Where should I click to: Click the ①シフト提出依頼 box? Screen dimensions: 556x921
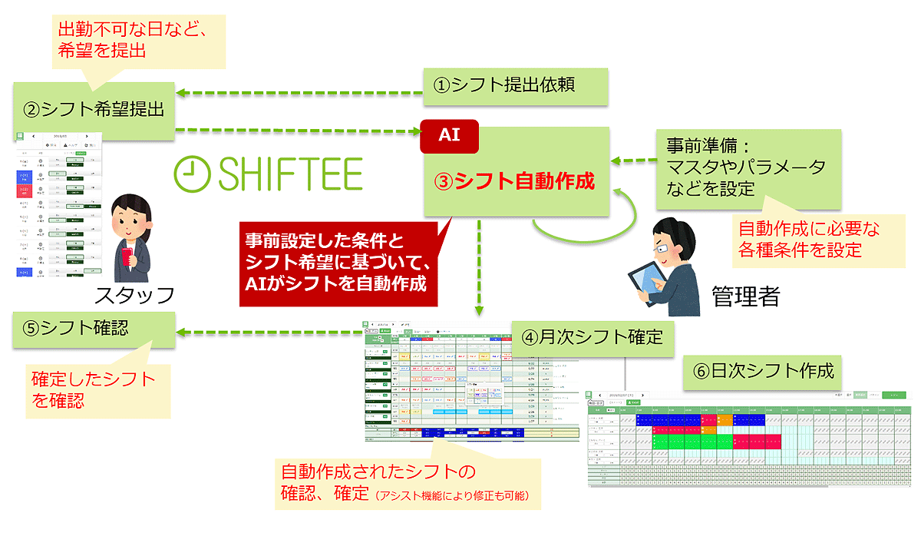coord(515,86)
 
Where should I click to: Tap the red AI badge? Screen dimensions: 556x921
coord(449,136)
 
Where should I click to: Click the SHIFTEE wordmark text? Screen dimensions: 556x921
coord(291,174)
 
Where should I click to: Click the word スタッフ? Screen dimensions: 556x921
coord(135,296)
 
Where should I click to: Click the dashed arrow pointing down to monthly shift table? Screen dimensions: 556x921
coord(478,269)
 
